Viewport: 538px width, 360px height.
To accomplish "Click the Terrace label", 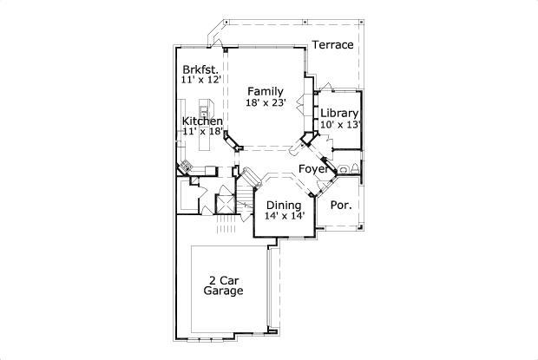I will click(333, 45).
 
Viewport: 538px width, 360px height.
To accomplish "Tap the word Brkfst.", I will click(199, 69).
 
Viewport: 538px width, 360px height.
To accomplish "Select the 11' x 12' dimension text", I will click(202, 80).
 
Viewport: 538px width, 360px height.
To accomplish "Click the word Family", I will click(264, 90).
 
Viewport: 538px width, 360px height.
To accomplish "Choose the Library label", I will click(339, 114).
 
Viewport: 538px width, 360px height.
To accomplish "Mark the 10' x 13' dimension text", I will click(340, 125).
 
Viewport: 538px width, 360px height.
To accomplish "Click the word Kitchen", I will click(202, 121).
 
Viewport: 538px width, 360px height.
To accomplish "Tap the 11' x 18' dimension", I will click(203, 133).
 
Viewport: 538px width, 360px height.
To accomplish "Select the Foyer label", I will click(313, 169).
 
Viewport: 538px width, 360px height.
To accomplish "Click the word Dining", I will click(284, 206).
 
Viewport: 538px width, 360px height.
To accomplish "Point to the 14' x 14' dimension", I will click(285, 217).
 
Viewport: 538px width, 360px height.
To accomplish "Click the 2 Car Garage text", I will click(223, 285).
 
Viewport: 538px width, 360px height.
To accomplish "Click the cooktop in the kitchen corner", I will click(186, 165).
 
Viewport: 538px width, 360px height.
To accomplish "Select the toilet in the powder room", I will click(345, 168).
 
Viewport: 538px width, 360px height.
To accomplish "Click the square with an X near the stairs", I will click(224, 206).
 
